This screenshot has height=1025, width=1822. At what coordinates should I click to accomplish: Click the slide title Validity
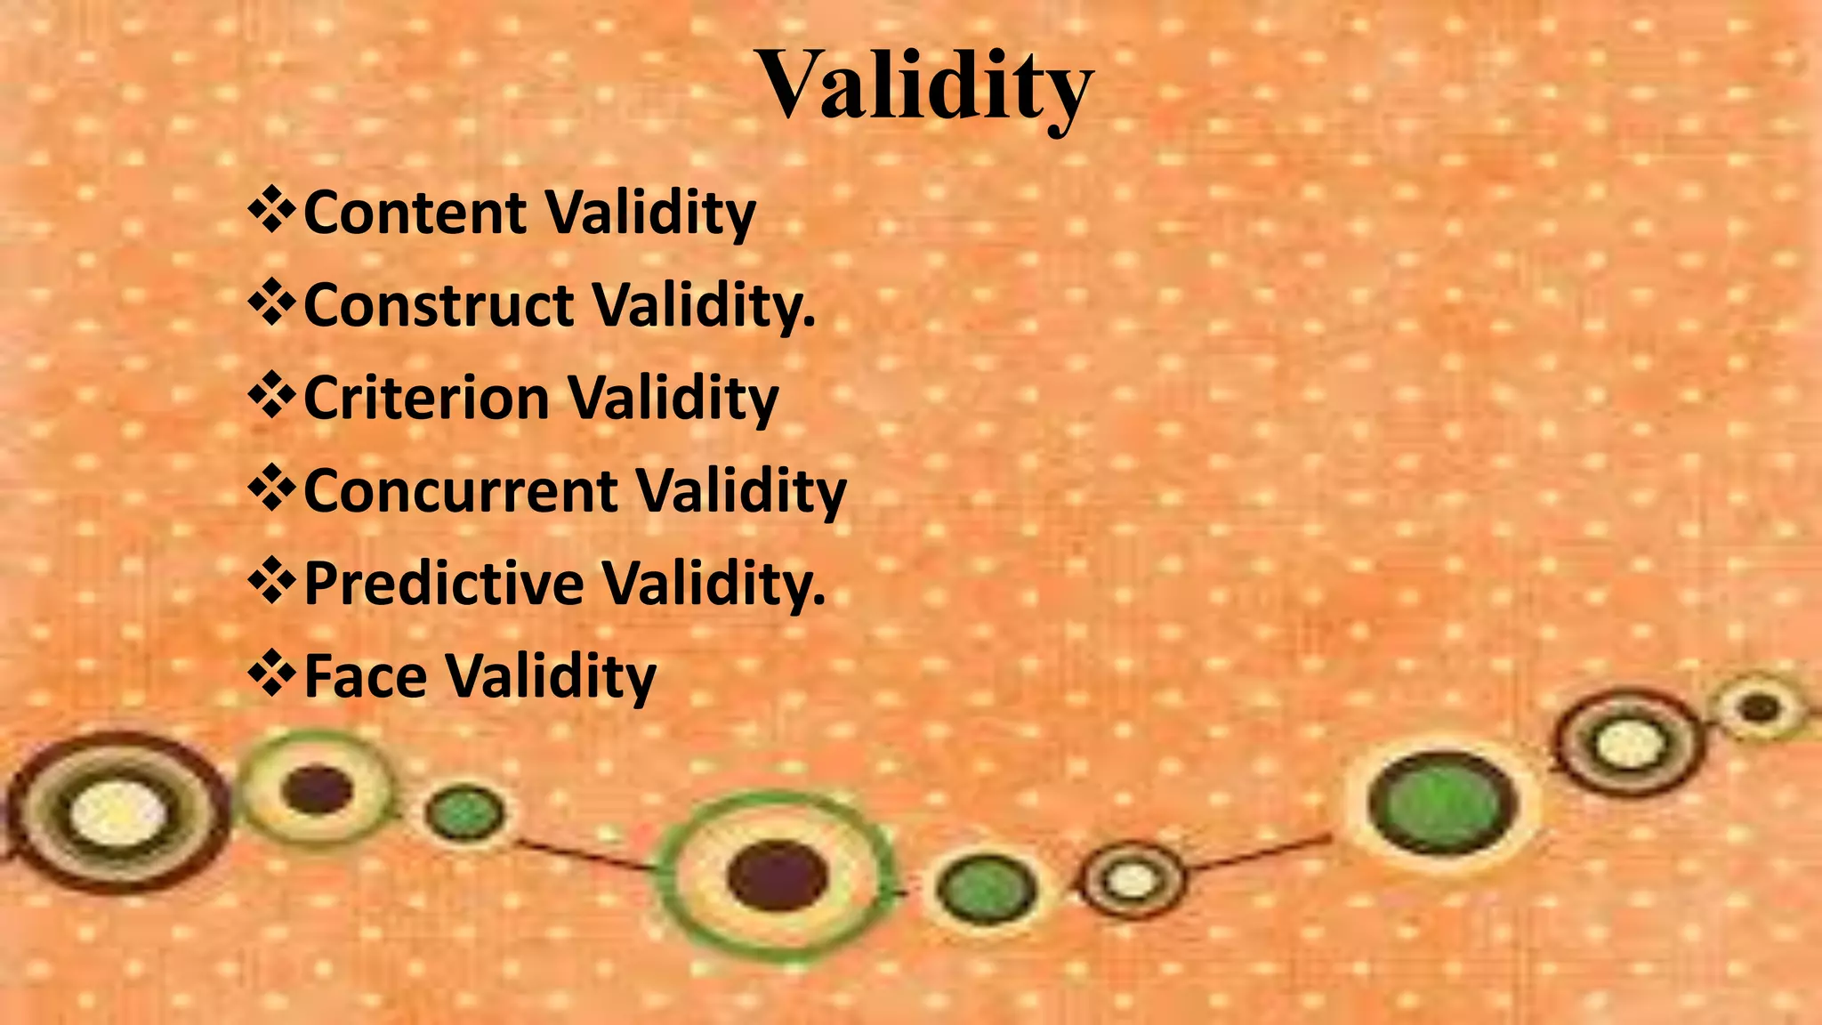[x=924, y=85]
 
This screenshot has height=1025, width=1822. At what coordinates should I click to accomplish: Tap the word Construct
[x=439, y=306]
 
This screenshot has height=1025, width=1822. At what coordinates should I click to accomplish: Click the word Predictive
[x=444, y=584]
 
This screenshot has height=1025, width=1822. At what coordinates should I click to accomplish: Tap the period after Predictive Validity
[x=818, y=602]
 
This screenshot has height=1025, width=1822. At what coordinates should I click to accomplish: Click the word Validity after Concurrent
[x=741, y=491]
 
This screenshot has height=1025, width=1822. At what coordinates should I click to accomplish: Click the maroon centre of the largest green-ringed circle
[x=777, y=876]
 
